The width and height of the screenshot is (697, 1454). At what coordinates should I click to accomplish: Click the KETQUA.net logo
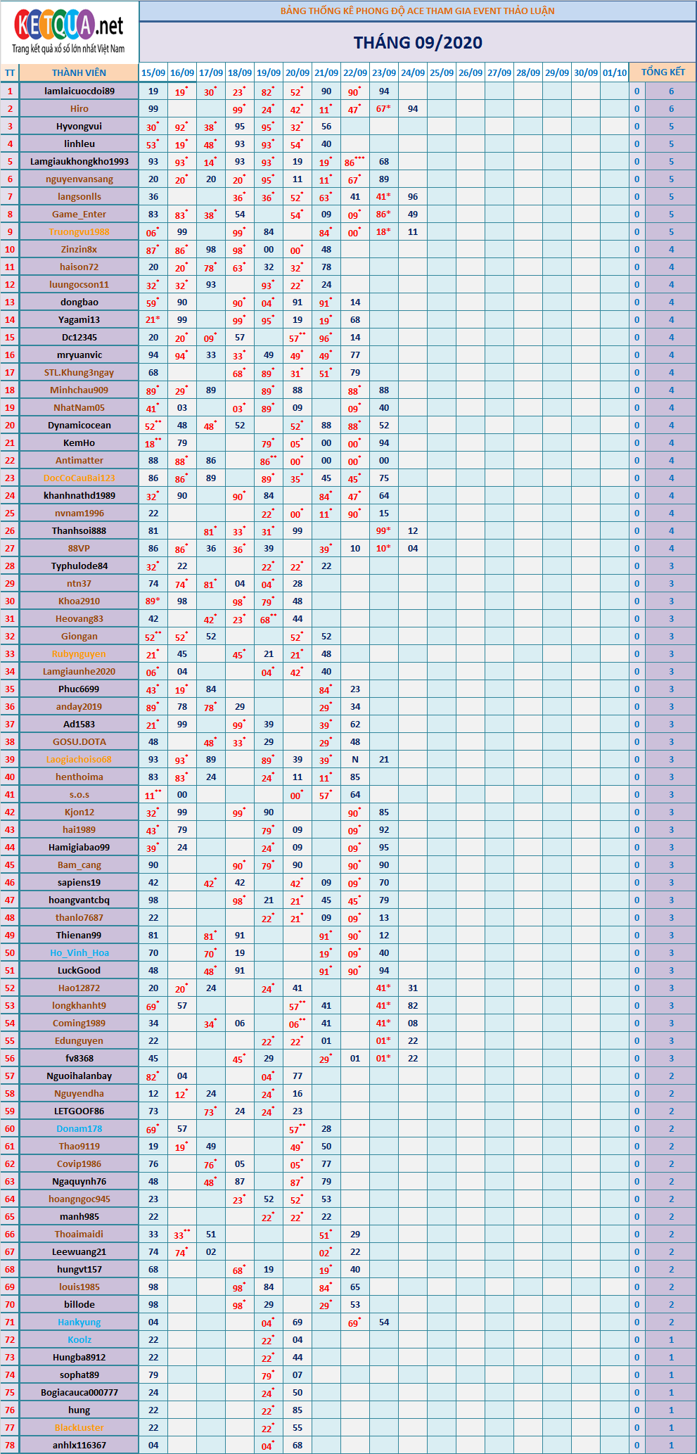point(69,32)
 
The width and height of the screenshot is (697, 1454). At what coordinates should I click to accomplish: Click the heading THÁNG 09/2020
point(418,43)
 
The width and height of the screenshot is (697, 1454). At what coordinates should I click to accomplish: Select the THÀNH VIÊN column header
point(79,72)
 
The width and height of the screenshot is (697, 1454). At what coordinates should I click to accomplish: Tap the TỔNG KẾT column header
point(663,72)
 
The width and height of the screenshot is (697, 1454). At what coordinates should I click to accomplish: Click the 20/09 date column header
point(298,72)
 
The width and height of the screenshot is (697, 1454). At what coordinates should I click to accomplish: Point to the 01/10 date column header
point(615,72)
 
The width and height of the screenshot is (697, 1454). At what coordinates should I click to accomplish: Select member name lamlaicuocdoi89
point(79,91)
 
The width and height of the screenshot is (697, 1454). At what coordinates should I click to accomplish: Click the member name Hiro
point(79,108)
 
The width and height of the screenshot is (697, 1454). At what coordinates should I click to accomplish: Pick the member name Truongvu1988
point(79,231)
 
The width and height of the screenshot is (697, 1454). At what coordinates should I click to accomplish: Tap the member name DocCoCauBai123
point(79,478)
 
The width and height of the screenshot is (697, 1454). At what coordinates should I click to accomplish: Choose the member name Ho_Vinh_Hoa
point(79,952)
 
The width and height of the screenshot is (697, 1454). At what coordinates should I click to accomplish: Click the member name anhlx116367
point(79,1445)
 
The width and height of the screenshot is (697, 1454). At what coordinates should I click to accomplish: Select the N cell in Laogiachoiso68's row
point(355,759)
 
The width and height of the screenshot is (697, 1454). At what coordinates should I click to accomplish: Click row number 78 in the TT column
point(10,1445)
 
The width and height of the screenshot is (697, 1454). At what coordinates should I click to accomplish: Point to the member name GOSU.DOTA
point(79,741)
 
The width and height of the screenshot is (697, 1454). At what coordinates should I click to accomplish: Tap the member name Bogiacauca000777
point(79,1392)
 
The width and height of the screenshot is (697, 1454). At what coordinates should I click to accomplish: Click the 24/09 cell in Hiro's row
point(413,108)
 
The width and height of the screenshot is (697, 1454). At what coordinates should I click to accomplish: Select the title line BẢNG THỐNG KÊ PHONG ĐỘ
point(418,11)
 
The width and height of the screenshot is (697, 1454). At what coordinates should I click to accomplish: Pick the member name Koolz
point(79,1339)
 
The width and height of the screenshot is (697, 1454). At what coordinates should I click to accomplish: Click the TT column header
point(10,72)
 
